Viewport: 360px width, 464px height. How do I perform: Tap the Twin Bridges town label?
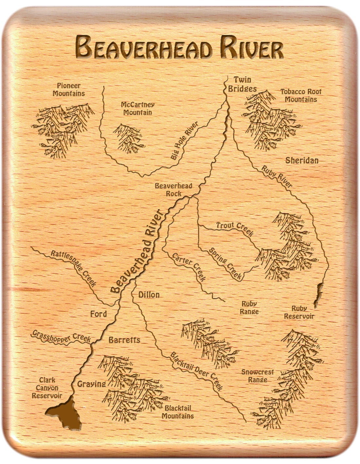pos(242,84)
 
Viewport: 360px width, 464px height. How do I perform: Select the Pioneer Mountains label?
pos(69,89)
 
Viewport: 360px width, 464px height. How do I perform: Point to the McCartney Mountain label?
pos(137,108)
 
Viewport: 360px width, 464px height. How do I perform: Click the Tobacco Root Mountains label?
pos(301,95)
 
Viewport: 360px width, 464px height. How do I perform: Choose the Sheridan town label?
pos(302,160)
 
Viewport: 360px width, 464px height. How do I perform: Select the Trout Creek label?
pos(234,228)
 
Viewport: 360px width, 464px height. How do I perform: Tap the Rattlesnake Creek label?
pos(73,268)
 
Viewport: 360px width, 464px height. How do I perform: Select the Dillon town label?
pos(149,295)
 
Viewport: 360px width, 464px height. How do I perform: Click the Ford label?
pos(99,314)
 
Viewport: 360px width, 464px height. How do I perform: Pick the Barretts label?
pos(124,340)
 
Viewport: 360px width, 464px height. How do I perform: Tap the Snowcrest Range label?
pos(258,376)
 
